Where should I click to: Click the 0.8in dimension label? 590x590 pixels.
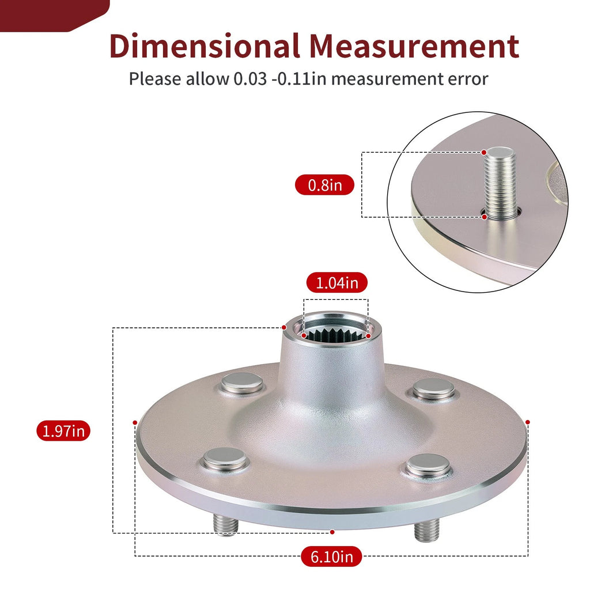pyautogui.click(x=324, y=185)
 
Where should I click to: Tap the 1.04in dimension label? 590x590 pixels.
pyautogui.click(x=336, y=282)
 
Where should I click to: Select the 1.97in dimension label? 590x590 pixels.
pyautogui.click(x=63, y=430)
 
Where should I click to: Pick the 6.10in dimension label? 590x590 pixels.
pyautogui.click(x=331, y=556)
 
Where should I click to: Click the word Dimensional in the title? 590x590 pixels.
pyautogui.click(x=205, y=46)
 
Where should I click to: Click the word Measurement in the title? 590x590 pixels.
pyautogui.click(x=414, y=46)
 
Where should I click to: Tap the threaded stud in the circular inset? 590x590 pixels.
pyautogui.click(x=500, y=183)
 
